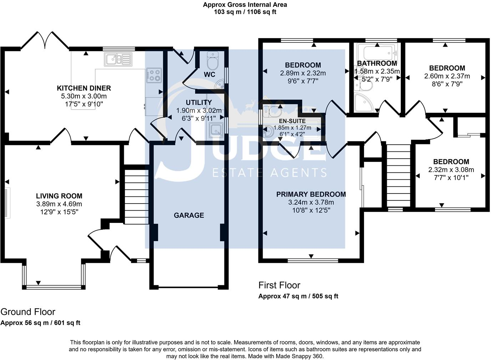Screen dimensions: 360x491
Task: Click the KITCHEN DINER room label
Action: (x=84, y=88)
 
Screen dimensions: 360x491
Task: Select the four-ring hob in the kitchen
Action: (x=154, y=75)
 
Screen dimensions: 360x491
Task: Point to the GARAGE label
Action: (x=189, y=215)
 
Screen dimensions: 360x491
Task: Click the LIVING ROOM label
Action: (x=59, y=196)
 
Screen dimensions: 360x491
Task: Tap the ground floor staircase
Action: (x=136, y=196)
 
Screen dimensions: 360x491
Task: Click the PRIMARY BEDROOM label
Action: (x=311, y=195)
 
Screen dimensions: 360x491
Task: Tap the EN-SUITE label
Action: (x=292, y=121)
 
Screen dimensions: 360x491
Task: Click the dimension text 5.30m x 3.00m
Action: (x=84, y=96)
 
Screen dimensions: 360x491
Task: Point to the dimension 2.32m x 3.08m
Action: (x=451, y=170)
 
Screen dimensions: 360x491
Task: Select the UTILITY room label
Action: (x=199, y=102)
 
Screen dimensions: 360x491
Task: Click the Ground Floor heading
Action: (x=28, y=312)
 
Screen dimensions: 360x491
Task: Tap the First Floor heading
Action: (x=279, y=285)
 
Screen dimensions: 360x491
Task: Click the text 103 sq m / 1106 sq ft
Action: (x=245, y=12)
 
